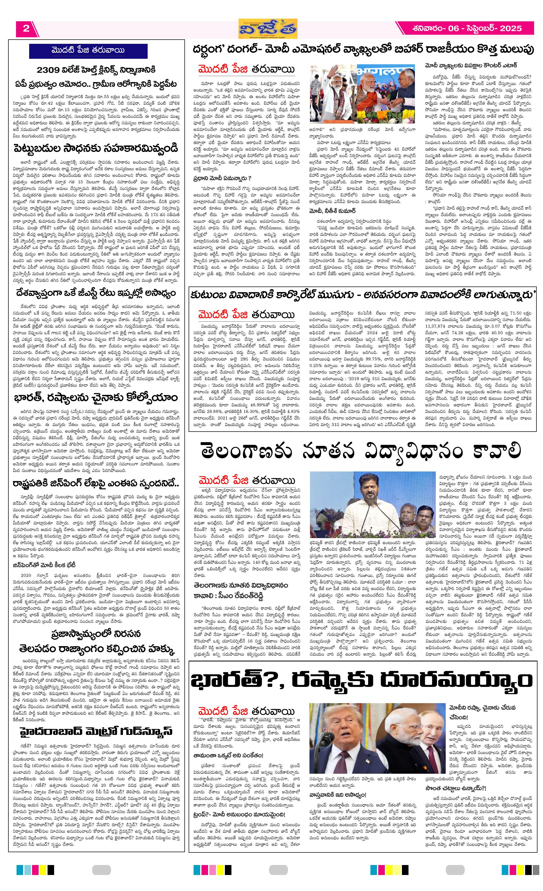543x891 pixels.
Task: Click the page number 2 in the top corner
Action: point(26,29)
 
